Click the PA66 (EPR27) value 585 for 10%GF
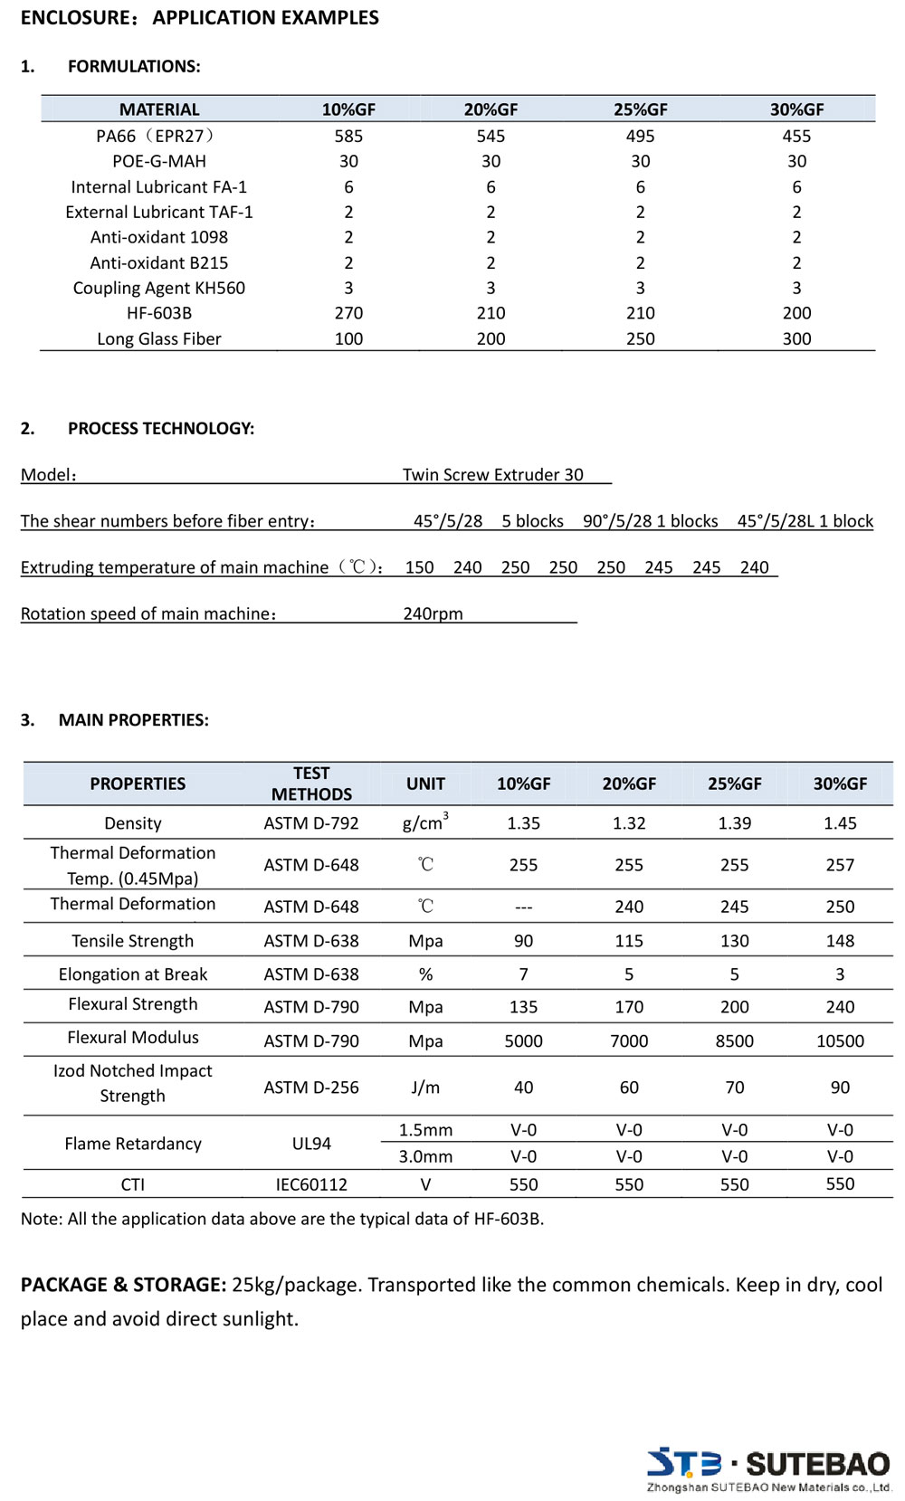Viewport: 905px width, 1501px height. (348, 136)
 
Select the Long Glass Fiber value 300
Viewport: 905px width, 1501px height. (796, 338)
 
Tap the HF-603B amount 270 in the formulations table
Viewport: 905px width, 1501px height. (348, 313)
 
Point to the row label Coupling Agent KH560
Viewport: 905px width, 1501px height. (159, 288)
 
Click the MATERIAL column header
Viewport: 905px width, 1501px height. (159, 109)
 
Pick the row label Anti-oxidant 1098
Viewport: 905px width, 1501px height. (159, 237)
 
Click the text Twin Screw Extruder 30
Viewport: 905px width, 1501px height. (493, 474)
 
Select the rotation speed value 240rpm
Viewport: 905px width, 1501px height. (433, 613)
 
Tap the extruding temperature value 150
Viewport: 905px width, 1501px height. (419, 567)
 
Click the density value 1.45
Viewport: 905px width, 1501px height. (840, 823)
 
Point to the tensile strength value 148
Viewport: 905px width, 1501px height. (840, 941)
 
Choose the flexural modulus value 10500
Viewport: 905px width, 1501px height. (840, 1040)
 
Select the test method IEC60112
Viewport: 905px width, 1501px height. (311, 1184)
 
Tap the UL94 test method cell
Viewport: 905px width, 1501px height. (311, 1144)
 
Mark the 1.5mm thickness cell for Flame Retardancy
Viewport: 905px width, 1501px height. (425, 1130)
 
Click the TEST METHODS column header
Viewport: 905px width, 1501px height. (311, 784)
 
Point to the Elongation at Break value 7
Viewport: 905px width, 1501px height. (523, 974)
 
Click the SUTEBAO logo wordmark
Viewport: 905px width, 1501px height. (817, 1464)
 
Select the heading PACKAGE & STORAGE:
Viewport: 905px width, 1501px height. (123, 1285)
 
